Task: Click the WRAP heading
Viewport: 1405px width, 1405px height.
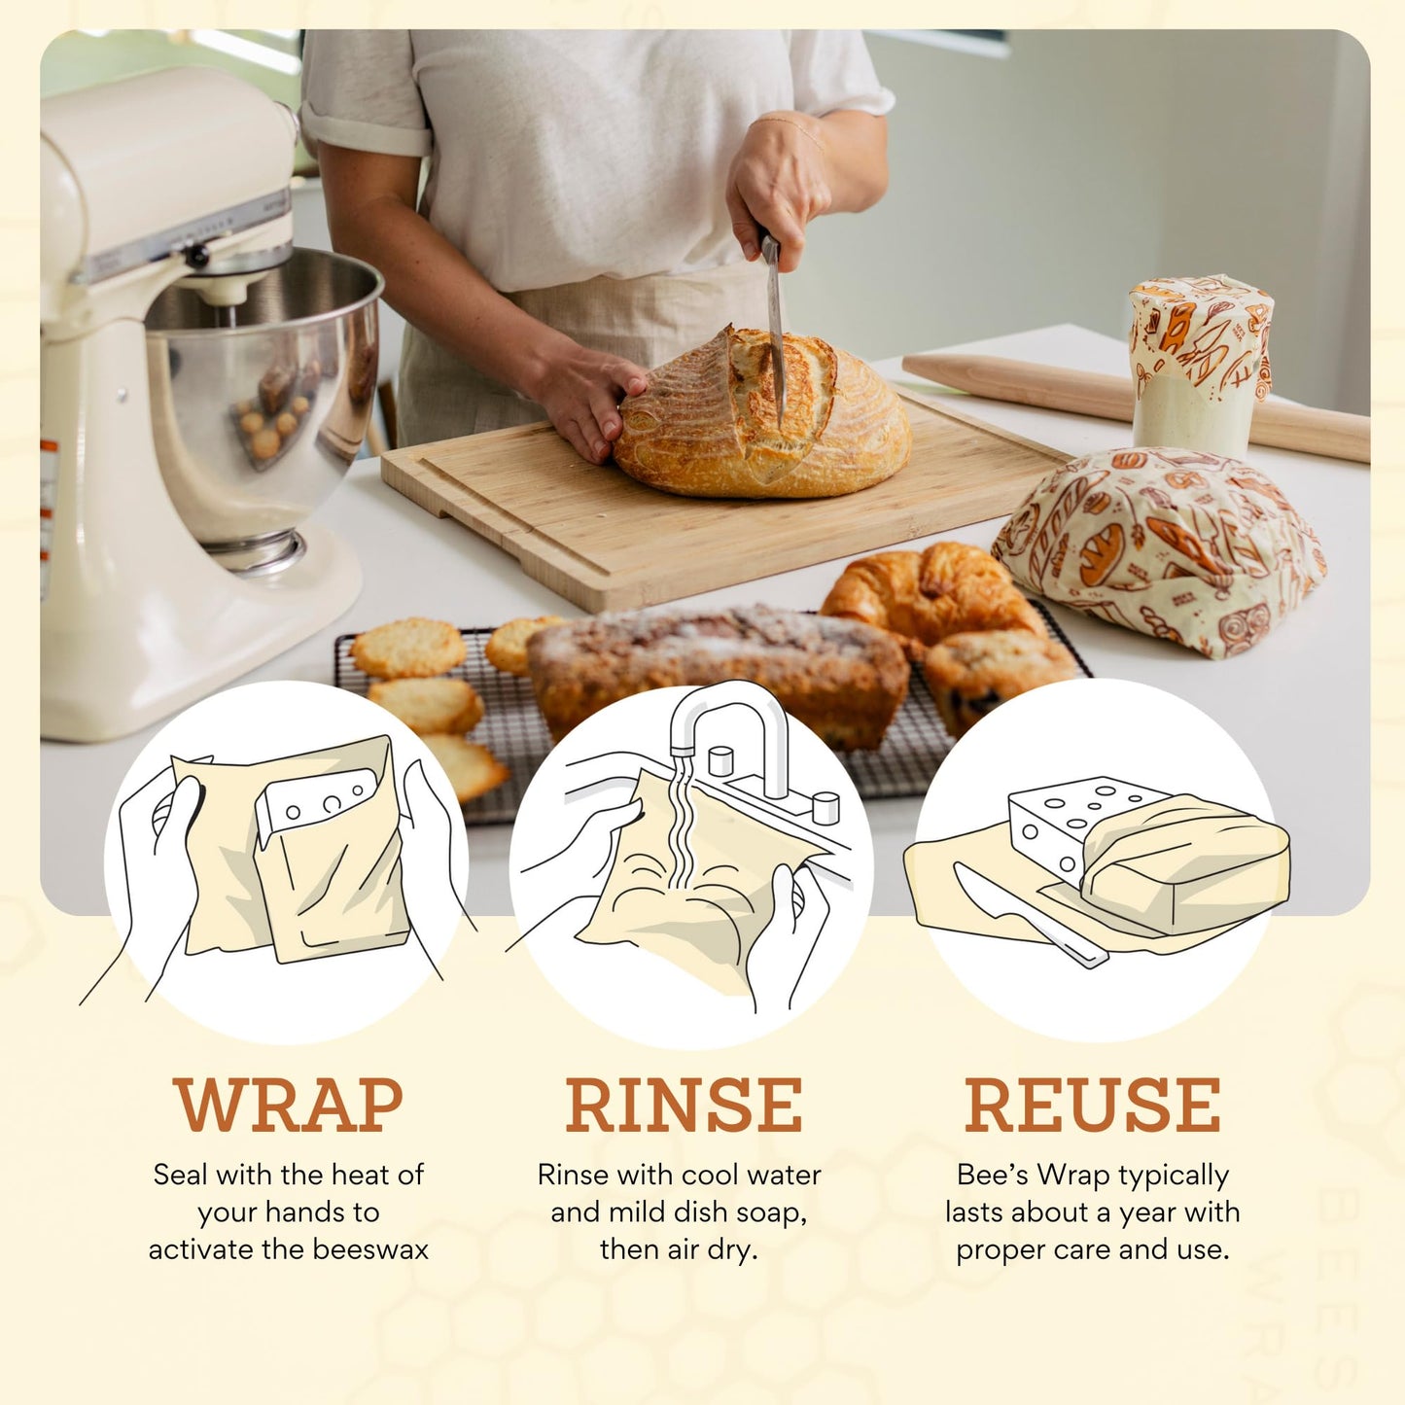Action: pyautogui.click(x=289, y=1105)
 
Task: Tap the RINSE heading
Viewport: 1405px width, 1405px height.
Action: pyautogui.click(x=684, y=1105)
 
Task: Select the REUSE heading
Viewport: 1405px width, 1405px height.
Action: pyautogui.click(x=1092, y=1105)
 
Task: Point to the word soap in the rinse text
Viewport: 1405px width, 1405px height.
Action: pyautogui.click(x=771, y=1212)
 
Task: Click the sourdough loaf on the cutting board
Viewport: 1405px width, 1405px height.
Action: pyautogui.click(x=763, y=418)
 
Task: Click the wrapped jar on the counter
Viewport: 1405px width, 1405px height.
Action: pyautogui.click(x=1200, y=365)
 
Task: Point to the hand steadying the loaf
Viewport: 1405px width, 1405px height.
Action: pyautogui.click(x=588, y=404)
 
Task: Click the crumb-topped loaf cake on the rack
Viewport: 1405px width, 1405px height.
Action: pyautogui.click(x=720, y=671)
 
